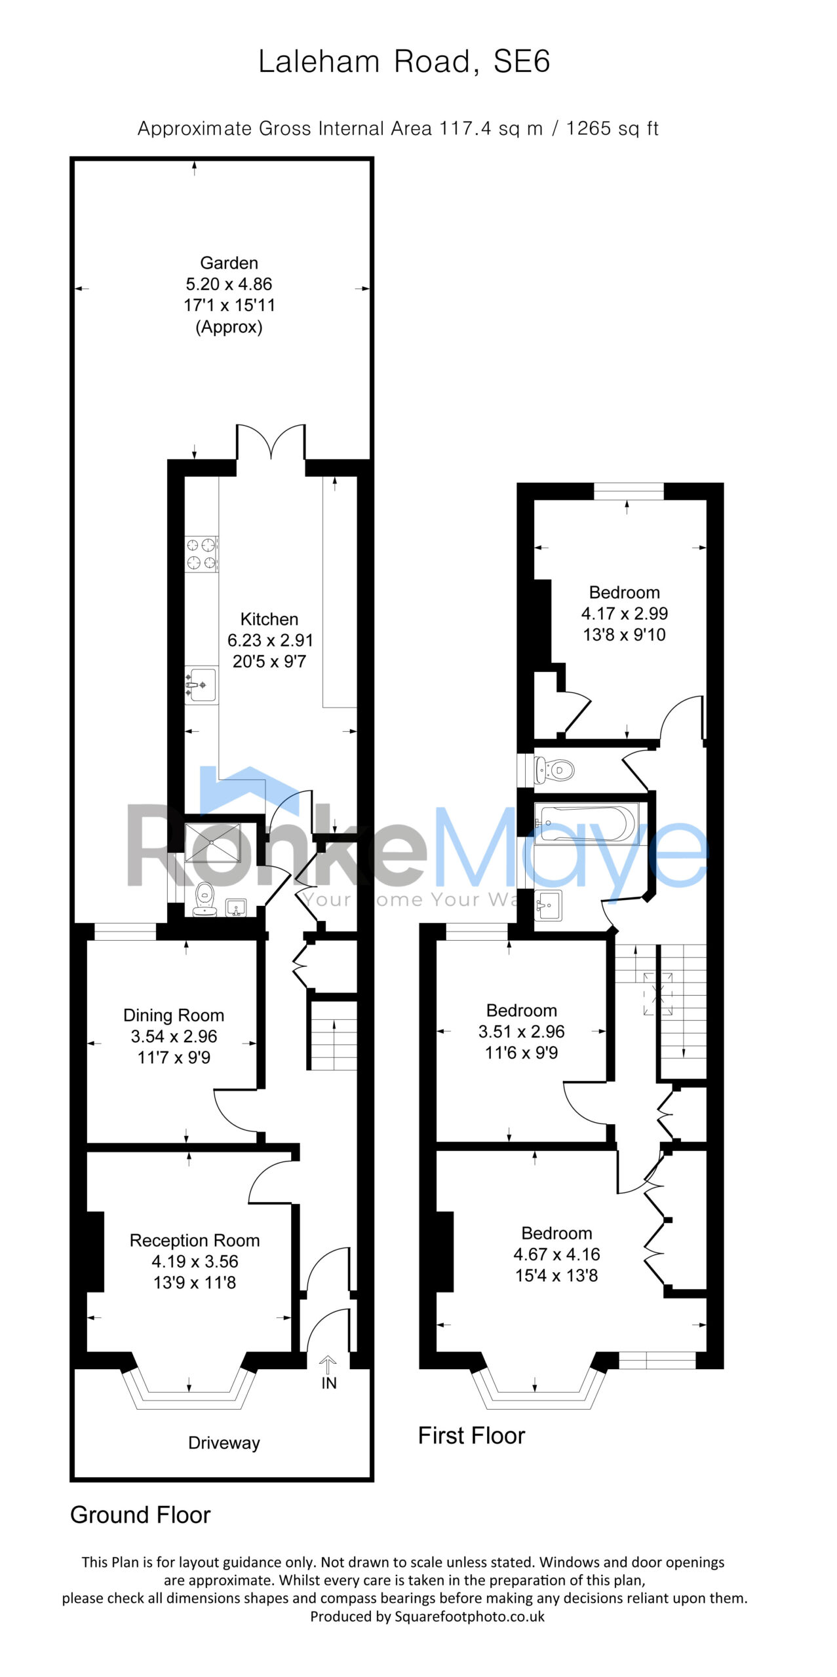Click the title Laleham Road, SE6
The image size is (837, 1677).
(x=404, y=62)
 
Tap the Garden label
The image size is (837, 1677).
(x=229, y=263)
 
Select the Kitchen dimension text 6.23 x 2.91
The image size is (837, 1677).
(x=270, y=640)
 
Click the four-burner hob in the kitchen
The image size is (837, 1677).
(x=201, y=554)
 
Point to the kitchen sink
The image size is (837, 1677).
(x=201, y=685)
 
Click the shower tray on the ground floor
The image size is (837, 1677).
(x=212, y=842)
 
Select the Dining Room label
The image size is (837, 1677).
(x=174, y=1015)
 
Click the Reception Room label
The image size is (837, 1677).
(x=195, y=1240)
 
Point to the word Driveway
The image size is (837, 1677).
(x=224, y=1442)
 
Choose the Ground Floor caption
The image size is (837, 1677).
(x=140, y=1515)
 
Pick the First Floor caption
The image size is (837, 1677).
(x=472, y=1435)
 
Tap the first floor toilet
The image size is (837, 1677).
(x=555, y=770)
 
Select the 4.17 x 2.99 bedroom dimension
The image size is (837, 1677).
(x=625, y=613)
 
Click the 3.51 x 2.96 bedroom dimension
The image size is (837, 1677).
(x=522, y=1031)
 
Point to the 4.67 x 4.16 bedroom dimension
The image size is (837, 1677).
(x=557, y=1254)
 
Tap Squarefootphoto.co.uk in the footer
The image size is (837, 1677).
(x=469, y=1616)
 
